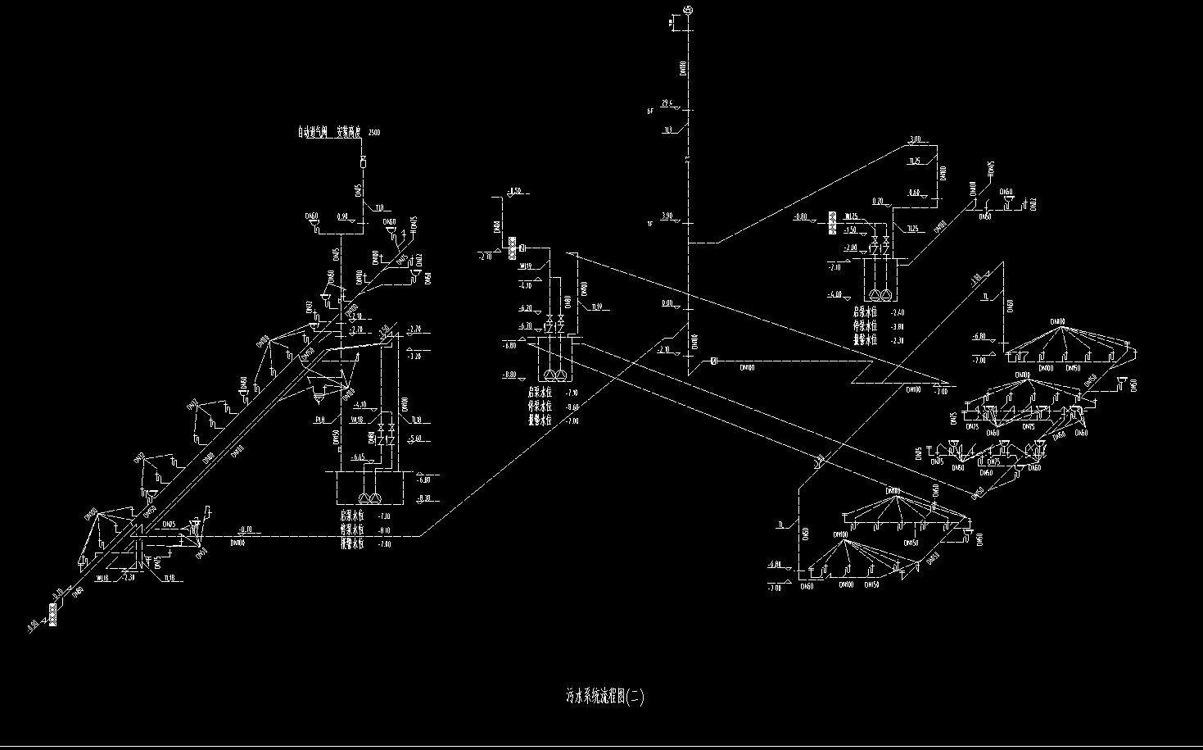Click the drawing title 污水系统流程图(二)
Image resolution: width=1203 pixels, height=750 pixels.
pos(605,698)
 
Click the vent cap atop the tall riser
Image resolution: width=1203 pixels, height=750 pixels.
pos(688,10)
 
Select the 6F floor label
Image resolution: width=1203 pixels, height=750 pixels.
pos(650,111)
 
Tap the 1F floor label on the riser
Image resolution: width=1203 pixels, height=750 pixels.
pos(650,224)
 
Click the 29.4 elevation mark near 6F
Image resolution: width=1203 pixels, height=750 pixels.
pos(667,102)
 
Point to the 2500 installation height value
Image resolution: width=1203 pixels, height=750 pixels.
pos(374,133)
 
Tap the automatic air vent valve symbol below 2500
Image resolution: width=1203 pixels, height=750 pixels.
pos(364,162)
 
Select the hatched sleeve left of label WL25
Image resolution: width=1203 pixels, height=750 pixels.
pos(832,222)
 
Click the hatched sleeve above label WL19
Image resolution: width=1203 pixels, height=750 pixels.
pos(513,248)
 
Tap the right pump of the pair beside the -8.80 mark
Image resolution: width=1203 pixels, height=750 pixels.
pos(561,375)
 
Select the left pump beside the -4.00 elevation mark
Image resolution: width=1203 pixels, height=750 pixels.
pos(875,294)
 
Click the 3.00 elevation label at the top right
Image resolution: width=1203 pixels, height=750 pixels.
pos(915,139)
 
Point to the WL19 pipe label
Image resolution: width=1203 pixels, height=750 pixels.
pos(525,266)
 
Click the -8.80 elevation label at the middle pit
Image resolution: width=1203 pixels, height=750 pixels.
pos(509,375)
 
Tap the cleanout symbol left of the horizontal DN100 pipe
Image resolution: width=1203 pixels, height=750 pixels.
pos(713,361)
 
